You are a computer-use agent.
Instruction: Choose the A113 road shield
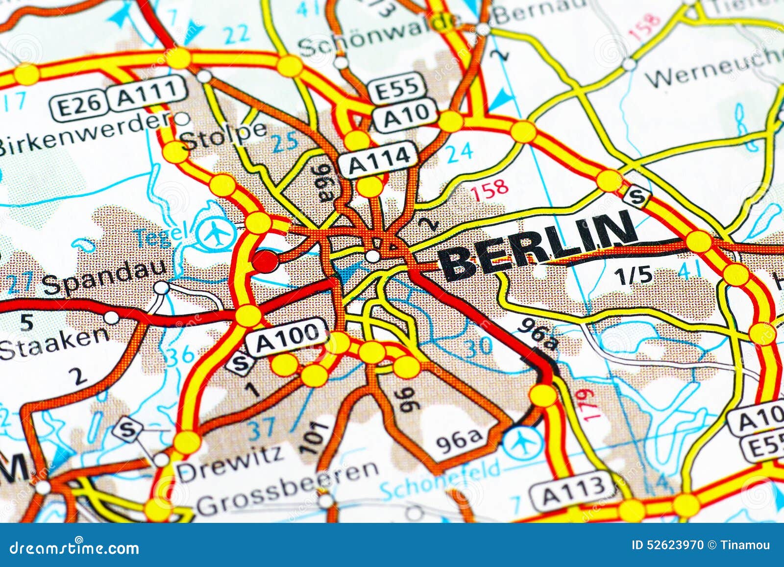click(x=573, y=488)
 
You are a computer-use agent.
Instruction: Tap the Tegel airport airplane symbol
click(x=215, y=232)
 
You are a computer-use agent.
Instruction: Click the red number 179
click(x=588, y=404)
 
